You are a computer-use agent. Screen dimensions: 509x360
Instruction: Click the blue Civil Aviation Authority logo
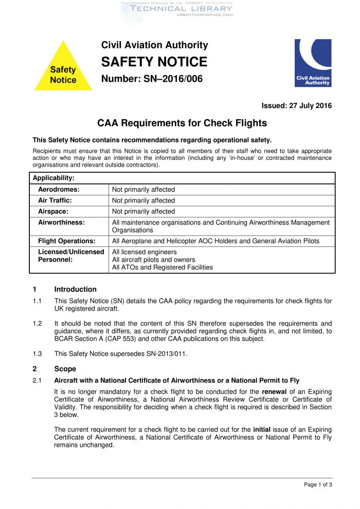(313, 63)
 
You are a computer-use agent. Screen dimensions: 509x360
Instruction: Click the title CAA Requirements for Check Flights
(182, 123)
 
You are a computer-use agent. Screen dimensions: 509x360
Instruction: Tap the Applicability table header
(53, 178)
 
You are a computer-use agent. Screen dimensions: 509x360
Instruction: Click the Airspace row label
(53, 211)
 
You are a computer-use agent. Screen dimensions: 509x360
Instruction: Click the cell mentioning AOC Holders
(215, 241)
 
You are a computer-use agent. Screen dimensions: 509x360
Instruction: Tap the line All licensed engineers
(145, 252)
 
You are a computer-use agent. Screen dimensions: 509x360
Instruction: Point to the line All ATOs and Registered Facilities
(163, 267)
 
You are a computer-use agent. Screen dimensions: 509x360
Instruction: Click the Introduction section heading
(75, 289)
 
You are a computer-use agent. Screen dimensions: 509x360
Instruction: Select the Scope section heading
(65, 369)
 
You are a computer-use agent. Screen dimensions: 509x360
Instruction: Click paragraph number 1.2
(37, 324)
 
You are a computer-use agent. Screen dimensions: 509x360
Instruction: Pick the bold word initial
(264, 429)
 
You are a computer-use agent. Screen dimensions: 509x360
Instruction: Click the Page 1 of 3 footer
(318, 484)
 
